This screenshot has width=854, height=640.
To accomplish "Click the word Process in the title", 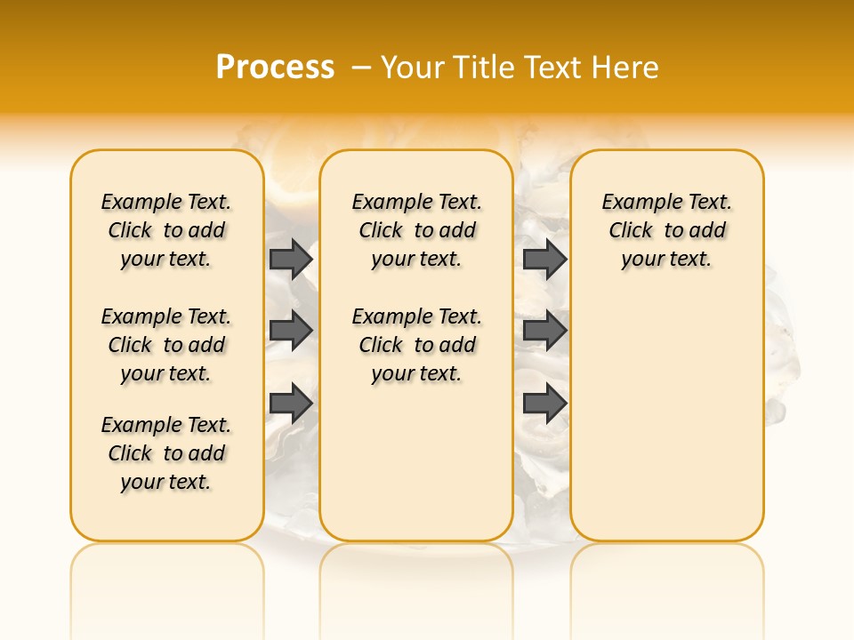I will [275, 68].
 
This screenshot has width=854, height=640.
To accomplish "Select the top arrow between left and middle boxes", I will [291, 259].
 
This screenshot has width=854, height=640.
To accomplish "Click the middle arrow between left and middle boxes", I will [291, 331].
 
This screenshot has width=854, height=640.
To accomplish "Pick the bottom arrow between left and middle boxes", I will [291, 403].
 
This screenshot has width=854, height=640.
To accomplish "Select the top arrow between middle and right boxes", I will [544, 259].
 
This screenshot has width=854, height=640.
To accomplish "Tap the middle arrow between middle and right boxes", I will [544, 331].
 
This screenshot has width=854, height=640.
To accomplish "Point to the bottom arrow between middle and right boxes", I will [544, 403].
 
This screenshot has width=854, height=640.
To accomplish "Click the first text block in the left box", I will [166, 230].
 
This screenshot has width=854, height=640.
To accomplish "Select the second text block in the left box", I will [166, 345].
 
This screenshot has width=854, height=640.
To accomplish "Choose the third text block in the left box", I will [166, 453].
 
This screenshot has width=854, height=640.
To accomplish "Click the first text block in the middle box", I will [417, 230].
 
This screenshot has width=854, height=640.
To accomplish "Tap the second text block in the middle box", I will [417, 345].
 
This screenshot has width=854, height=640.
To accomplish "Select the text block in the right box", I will [667, 230].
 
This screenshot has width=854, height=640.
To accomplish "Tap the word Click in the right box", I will [631, 231].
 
